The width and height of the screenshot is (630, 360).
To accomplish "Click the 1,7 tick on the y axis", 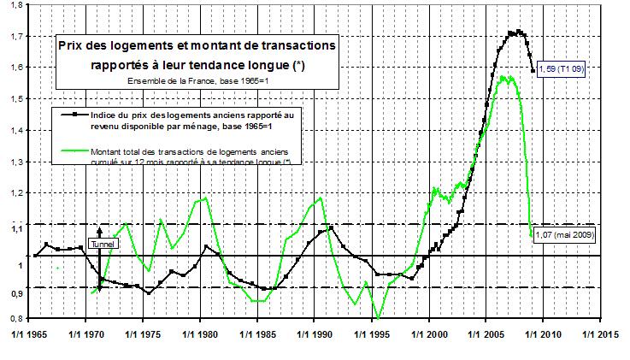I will pyautogui.click(x=18, y=37).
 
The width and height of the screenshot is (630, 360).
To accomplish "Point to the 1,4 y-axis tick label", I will pyautogui.click(x=18, y=131).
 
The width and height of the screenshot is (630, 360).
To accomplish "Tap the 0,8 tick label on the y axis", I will pyautogui.click(x=18, y=318).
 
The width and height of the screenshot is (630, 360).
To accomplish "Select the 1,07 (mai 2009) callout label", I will pyautogui.click(x=564, y=233).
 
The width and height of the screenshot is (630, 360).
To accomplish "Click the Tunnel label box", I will pyautogui.click(x=101, y=243).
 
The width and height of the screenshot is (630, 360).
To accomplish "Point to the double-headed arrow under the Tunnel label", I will pyautogui.click(x=101, y=261).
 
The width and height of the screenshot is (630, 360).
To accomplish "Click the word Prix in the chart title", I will pyautogui.click(x=74, y=44).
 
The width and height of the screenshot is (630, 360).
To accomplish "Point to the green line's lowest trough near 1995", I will pyautogui.click(x=378, y=318).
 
